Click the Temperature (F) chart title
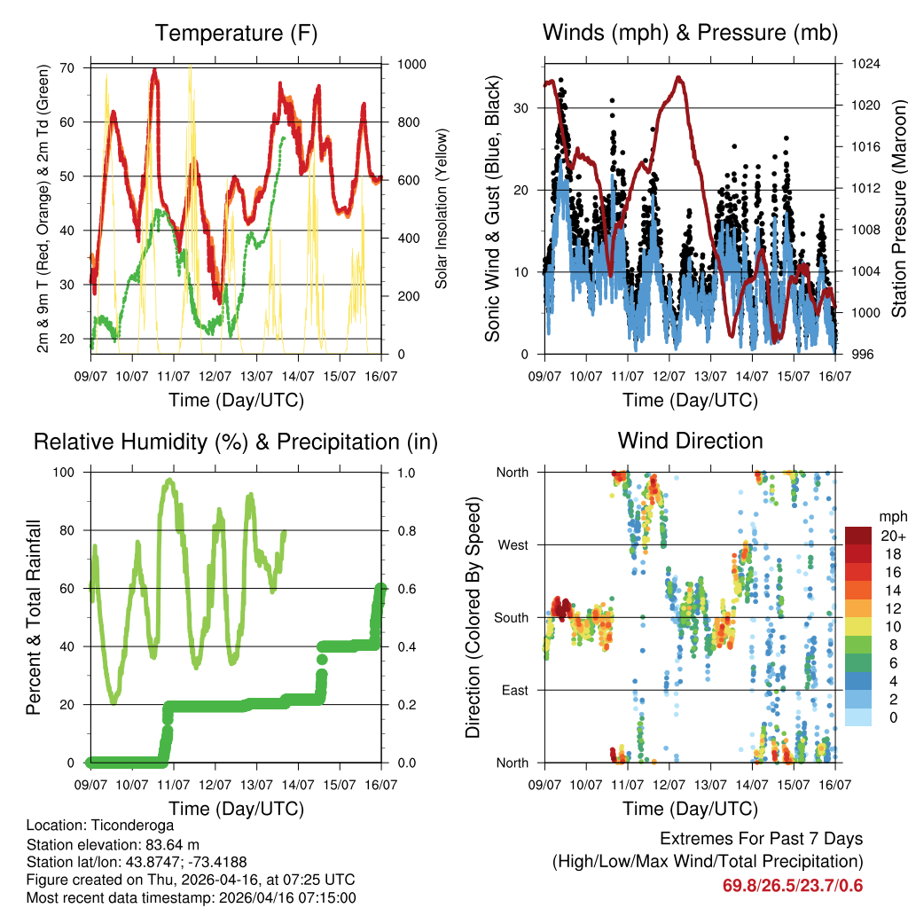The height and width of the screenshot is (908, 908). (x=236, y=34)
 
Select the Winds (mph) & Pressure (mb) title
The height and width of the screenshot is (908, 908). (x=690, y=34)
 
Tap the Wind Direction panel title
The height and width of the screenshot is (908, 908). (x=690, y=441)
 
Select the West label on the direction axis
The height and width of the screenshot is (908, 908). (x=513, y=545)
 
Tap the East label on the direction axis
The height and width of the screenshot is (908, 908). (x=514, y=690)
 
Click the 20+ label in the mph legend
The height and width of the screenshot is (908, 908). (x=891, y=536)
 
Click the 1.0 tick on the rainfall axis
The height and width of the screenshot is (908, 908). (x=403, y=473)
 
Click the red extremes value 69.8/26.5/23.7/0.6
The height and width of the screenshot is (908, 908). (x=793, y=886)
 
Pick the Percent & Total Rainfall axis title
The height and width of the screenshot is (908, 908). (x=34, y=618)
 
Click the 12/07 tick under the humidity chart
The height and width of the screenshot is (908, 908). (x=215, y=786)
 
